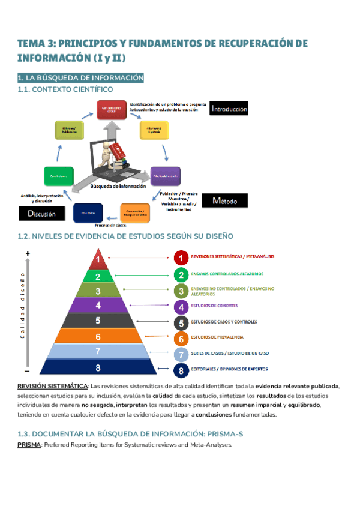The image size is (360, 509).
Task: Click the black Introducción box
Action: click(229, 109)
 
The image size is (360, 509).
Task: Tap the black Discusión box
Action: click(41, 213)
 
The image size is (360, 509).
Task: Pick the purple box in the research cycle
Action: click(165, 175)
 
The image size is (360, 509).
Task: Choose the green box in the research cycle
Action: click(58, 175)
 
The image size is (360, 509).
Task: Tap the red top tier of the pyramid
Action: click(98, 261)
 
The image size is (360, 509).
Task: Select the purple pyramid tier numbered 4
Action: click(98, 306)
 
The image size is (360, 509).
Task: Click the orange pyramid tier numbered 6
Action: click(98, 337)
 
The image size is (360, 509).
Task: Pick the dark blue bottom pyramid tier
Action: click(98, 368)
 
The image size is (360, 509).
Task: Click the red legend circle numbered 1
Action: click(181, 258)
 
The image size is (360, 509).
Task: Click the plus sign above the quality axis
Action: click(28, 254)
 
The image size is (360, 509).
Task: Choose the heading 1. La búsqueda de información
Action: click(80, 78)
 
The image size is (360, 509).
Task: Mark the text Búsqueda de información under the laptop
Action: click(118, 186)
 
